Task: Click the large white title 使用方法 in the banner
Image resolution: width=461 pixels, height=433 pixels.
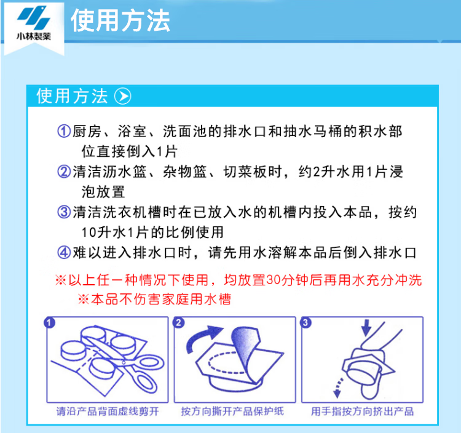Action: coord(120,20)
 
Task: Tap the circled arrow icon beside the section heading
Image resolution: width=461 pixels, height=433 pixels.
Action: coord(122,96)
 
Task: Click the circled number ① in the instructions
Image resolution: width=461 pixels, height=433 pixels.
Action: coord(64,131)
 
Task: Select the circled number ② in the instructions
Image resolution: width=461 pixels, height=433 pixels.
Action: coord(64,172)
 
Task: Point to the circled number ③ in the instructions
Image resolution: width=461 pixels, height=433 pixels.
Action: coord(64,212)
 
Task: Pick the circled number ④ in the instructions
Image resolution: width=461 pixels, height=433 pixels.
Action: coord(64,253)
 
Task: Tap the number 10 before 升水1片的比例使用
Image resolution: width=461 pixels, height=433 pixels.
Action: coord(89,232)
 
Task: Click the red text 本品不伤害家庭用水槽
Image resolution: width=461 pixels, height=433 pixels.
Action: coord(161,300)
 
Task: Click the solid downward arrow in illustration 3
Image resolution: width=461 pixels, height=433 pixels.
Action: coord(366,328)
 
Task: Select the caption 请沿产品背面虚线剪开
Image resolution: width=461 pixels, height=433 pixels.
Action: coord(108,411)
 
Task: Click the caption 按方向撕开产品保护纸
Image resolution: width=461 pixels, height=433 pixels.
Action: coord(232,411)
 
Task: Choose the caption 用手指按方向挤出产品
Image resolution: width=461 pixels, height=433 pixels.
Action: coord(362,411)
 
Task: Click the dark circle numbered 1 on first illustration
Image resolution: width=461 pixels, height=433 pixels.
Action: coord(49,322)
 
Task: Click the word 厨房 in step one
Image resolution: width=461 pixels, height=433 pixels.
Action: coord(87,131)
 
